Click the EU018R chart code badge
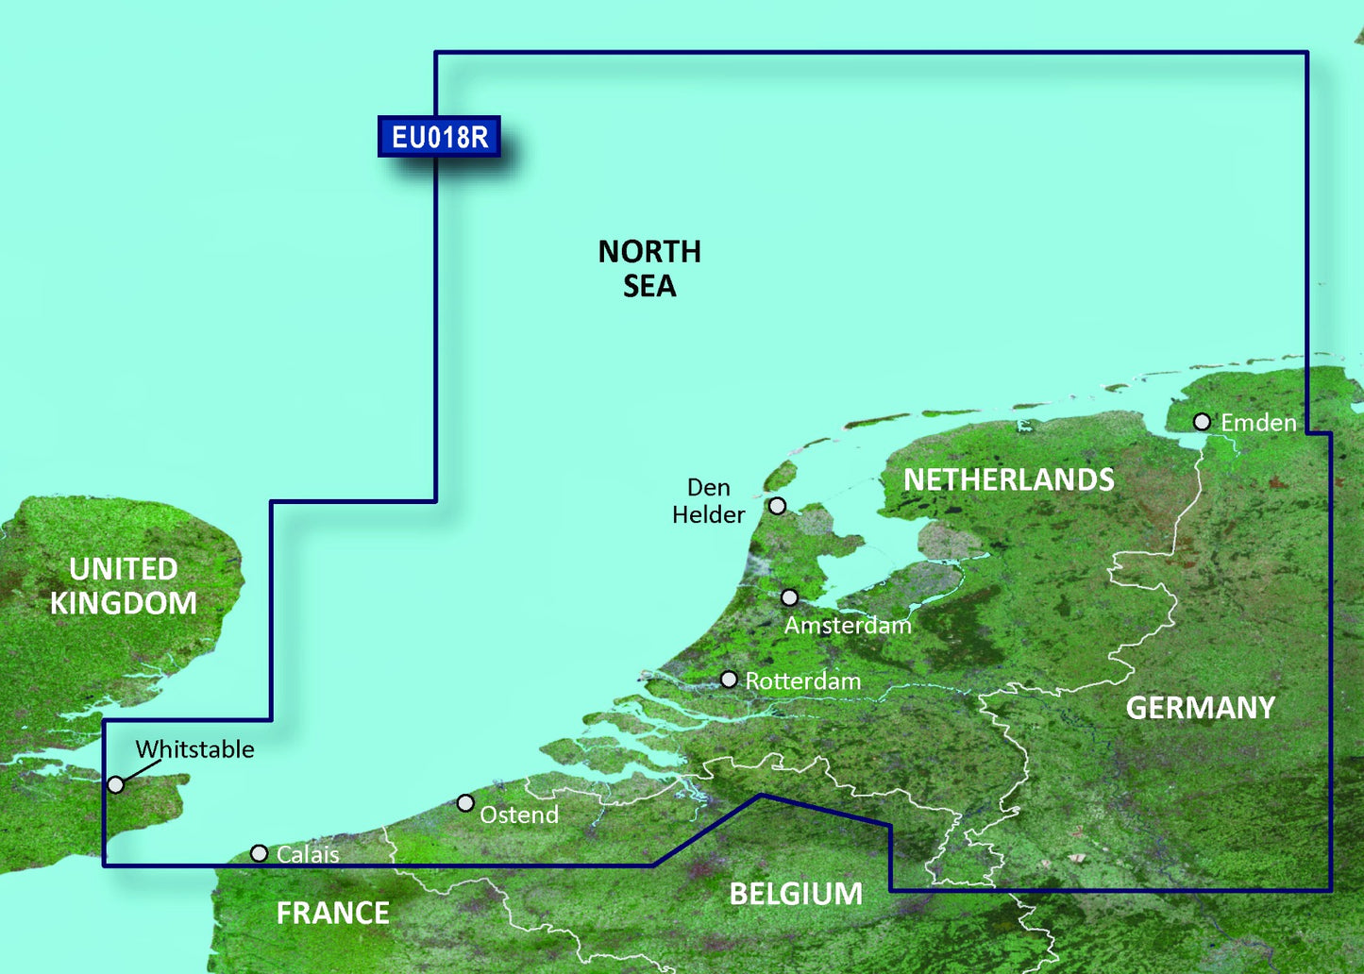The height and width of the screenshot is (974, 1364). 439,137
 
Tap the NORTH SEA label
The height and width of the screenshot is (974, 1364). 649,269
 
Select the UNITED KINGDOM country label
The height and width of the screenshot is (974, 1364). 124,586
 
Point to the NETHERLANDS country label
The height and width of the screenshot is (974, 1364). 1008,479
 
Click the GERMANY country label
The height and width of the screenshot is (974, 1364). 1200,708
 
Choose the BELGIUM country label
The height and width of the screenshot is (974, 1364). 796,894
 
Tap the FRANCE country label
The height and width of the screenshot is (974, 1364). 332,913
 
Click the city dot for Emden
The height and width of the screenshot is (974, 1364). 1202,422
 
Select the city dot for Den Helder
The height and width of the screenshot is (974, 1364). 777,506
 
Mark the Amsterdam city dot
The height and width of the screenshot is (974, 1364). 789,597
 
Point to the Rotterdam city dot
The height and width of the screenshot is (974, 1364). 729,680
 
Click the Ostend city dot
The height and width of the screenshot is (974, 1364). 465,803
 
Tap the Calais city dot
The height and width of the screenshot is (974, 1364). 259,853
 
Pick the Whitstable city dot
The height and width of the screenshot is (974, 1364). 115,784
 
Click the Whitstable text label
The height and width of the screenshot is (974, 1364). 194,749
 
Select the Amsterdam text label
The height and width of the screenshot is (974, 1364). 848,625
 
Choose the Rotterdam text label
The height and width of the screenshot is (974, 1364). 802,680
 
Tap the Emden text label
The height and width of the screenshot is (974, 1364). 1258,423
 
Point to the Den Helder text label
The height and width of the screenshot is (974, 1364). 709,501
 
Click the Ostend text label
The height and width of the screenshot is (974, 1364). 519,814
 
